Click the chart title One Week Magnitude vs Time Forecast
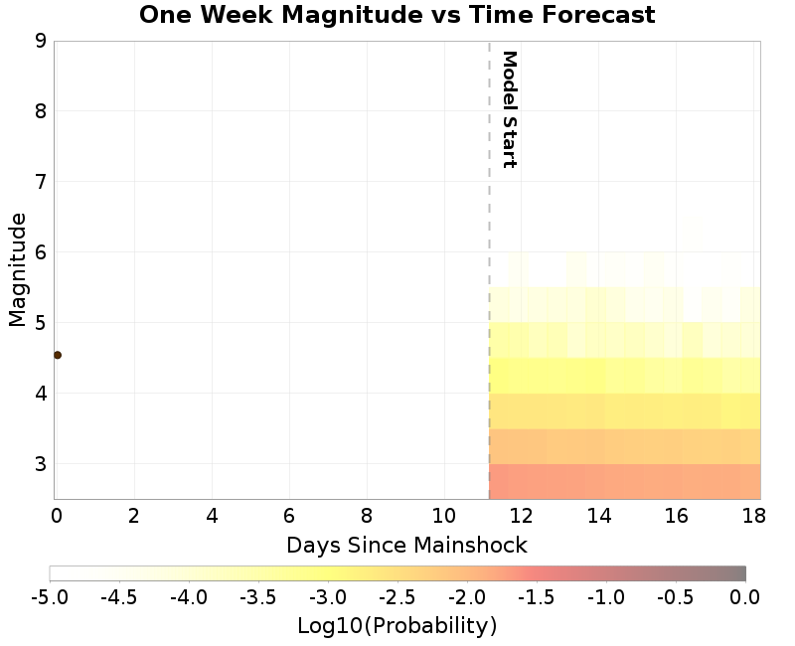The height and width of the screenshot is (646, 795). pyautogui.click(x=397, y=15)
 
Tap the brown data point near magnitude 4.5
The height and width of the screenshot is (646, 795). pyautogui.click(x=58, y=355)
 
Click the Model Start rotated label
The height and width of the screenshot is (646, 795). pyautogui.click(x=509, y=109)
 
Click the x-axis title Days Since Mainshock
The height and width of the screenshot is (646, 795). pyautogui.click(x=406, y=545)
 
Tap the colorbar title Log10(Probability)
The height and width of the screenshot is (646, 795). pyautogui.click(x=397, y=626)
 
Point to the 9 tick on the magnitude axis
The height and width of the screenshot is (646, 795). pyautogui.click(x=41, y=41)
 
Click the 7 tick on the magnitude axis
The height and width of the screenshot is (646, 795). pyautogui.click(x=41, y=182)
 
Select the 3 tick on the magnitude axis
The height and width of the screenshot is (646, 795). pyautogui.click(x=41, y=464)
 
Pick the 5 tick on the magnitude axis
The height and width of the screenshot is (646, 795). pyautogui.click(x=41, y=323)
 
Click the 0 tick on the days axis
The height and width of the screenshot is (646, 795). pyautogui.click(x=56, y=516)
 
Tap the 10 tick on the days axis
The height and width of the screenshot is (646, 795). pyautogui.click(x=444, y=516)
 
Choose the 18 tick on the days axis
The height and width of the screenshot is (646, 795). pyautogui.click(x=754, y=516)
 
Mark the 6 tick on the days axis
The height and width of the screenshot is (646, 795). pyautogui.click(x=289, y=516)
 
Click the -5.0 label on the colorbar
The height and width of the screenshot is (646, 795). pyautogui.click(x=50, y=596)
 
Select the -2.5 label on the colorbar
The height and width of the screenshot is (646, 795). pyautogui.click(x=397, y=596)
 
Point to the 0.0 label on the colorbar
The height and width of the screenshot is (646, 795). pyautogui.click(x=744, y=596)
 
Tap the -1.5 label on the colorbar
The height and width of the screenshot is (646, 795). pyautogui.click(x=537, y=596)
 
